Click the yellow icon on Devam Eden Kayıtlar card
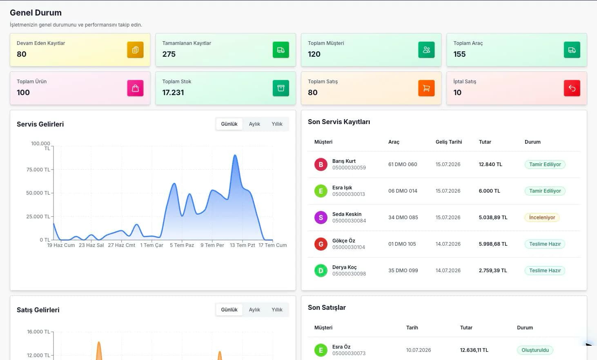click(135, 50)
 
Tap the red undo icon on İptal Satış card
click(572, 88)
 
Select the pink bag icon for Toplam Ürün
click(135, 88)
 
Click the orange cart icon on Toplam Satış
click(426, 88)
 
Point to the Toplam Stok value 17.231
click(173, 93)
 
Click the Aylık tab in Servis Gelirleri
click(254, 124)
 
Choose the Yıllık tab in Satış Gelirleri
click(277, 310)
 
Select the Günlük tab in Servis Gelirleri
click(229, 124)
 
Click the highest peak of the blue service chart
click(235, 155)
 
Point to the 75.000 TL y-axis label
click(38, 169)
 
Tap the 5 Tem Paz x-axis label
click(182, 245)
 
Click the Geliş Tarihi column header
click(449, 142)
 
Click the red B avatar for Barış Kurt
click(321, 164)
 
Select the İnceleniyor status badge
click(542, 218)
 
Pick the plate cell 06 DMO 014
click(403, 191)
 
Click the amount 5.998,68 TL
click(493, 244)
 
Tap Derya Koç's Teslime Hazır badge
click(545, 271)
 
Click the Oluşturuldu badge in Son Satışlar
click(535, 350)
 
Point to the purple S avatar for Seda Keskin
click(321, 218)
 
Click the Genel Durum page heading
click(36, 13)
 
